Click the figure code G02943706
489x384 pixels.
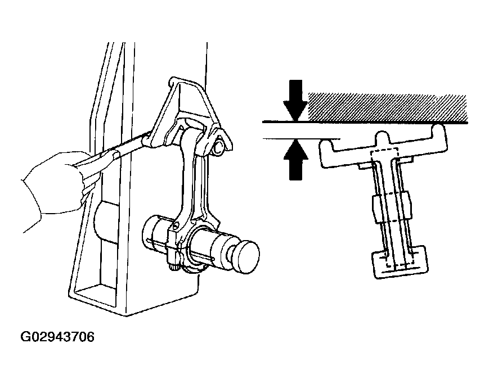click(57, 337)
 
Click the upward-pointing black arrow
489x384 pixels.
click(295, 160)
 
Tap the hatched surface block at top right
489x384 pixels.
click(388, 107)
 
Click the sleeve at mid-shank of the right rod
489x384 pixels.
click(392, 207)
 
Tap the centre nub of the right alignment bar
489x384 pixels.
click(383, 138)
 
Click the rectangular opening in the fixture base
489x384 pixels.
click(97, 295)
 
